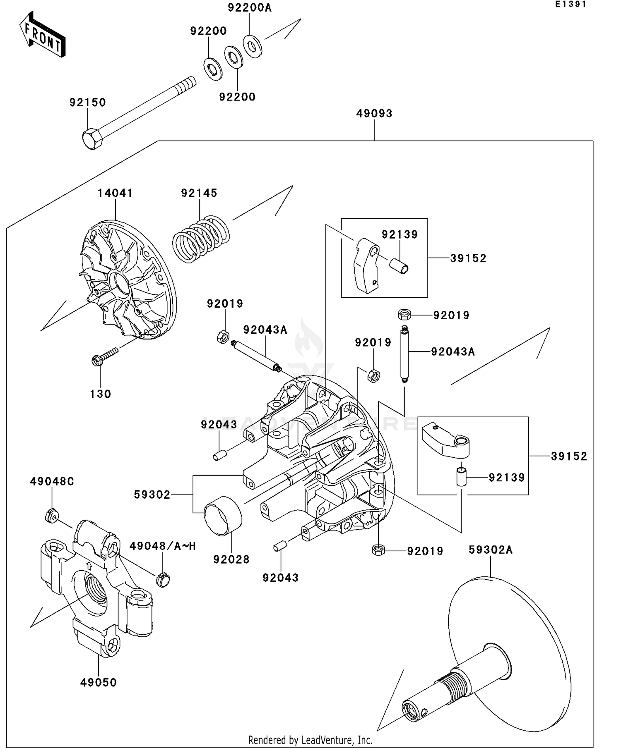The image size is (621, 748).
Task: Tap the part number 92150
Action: (x=87, y=102)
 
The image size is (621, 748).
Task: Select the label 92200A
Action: (x=250, y=8)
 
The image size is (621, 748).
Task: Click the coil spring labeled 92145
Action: (x=201, y=239)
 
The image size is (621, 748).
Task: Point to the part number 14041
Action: (x=115, y=193)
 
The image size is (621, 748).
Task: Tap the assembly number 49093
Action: (x=374, y=113)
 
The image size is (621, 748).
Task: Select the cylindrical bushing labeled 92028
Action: (x=223, y=515)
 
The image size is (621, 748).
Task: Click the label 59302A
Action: (x=491, y=550)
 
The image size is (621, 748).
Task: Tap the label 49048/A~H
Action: (x=162, y=546)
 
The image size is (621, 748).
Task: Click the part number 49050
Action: (x=99, y=682)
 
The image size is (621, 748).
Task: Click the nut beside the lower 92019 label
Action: (x=378, y=550)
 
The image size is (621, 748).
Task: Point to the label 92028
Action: (x=231, y=559)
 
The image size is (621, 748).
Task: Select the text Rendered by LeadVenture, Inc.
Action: (x=310, y=740)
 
